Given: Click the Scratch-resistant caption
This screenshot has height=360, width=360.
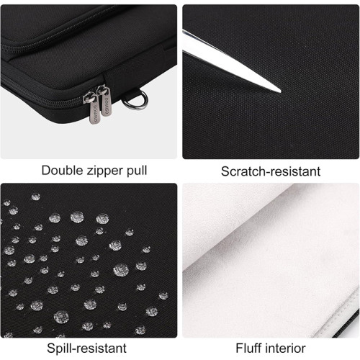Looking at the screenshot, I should (x=270, y=171).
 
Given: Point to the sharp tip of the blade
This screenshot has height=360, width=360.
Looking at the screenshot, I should (x=279, y=91).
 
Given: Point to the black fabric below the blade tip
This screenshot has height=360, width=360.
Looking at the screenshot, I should (x=281, y=122).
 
